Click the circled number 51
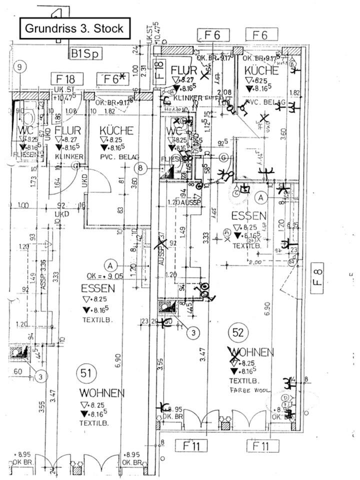tap(85, 373)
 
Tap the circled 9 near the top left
tap(19, 67)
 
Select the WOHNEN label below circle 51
tap(102, 393)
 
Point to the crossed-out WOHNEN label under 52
tap(251, 352)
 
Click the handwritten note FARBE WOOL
tap(250, 390)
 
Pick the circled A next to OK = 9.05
tap(111, 264)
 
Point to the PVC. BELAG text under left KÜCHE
tap(119, 156)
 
